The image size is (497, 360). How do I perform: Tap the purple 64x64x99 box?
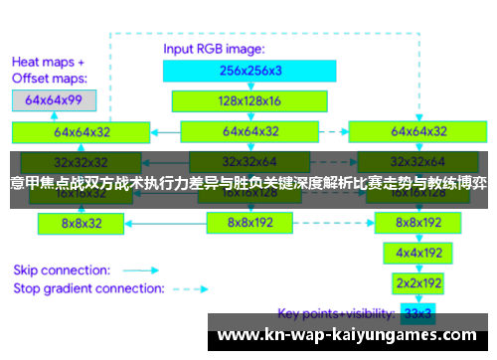coord(54,99)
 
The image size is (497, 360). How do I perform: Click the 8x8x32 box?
coord(81,224)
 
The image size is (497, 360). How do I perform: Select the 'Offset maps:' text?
coord(50,77)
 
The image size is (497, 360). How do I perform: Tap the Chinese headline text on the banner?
coord(248,183)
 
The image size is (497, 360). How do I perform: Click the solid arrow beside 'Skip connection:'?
coord(142,269)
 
